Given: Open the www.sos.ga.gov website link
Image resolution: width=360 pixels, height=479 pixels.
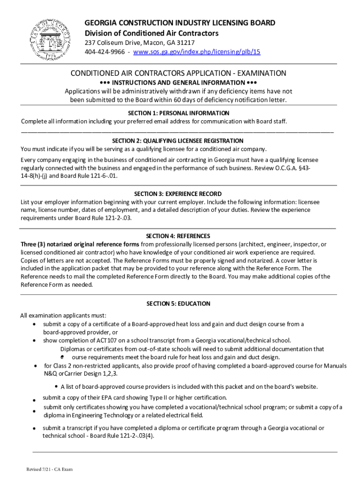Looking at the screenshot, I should (197, 52).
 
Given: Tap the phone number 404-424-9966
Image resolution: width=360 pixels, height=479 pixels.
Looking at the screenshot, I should (104, 52).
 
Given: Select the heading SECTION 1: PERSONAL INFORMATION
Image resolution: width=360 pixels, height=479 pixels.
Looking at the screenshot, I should (179, 113).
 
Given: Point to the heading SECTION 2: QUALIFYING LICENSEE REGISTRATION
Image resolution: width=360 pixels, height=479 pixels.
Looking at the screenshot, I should (178, 141).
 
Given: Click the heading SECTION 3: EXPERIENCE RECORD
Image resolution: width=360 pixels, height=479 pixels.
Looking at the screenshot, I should (178, 194).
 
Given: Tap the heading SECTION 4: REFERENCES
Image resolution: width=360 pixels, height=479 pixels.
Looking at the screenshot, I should (178, 236).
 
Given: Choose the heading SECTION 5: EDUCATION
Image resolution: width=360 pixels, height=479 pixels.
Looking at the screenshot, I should (178, 304).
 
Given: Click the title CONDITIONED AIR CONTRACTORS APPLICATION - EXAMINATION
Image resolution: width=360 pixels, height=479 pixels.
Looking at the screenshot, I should (178, 73).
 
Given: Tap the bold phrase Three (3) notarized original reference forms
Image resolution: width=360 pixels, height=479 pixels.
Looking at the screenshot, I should (79, 244).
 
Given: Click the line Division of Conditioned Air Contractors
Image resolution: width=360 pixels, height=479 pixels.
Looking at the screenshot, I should (151, 33).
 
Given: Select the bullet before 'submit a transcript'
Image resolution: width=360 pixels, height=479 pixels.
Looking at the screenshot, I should (34, 428).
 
